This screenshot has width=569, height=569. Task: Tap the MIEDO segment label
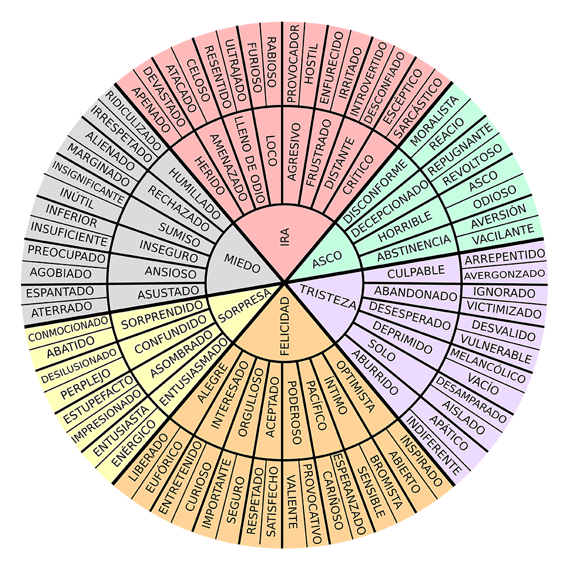click(x=241, y=262)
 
